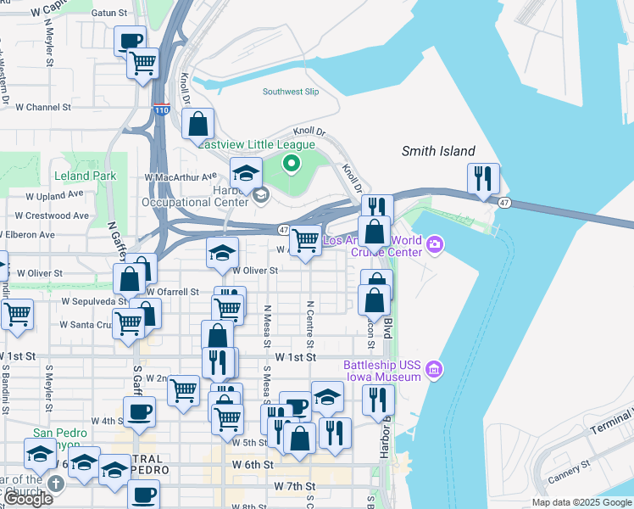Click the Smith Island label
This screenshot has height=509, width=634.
click(438, 151)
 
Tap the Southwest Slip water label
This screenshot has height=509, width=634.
click(291, 92)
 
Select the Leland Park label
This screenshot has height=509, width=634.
click(84, 176)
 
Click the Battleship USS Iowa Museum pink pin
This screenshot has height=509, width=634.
click(434, 369)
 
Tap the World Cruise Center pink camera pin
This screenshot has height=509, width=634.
click(435, 245)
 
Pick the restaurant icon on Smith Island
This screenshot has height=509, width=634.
click(483, 178)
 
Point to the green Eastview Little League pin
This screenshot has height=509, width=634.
click(292, 163)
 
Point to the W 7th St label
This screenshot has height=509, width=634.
click(295, 486)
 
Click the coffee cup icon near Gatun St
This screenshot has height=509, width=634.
click(131, 41)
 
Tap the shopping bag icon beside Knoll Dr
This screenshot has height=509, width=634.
click(197, 125)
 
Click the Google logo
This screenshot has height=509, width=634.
click(27, 499)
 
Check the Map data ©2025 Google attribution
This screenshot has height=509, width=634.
click(581, 502)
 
